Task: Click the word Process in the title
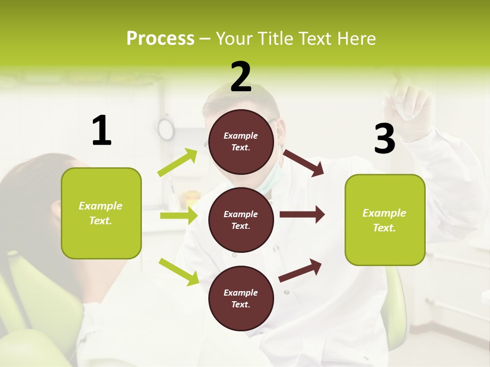pos(160,38)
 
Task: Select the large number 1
pos(102,130)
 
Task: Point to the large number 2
pos(241,77)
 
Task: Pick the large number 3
pos(384,139)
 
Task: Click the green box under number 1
pos(101,213)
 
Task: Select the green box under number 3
pos(385,220)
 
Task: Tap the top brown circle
pos(241,142)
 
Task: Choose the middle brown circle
pos(241,220)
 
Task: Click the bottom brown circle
pos(241,298)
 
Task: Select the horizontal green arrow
pos(179,216)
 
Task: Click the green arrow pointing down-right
pos(179,272)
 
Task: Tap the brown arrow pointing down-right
pos(304,163)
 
